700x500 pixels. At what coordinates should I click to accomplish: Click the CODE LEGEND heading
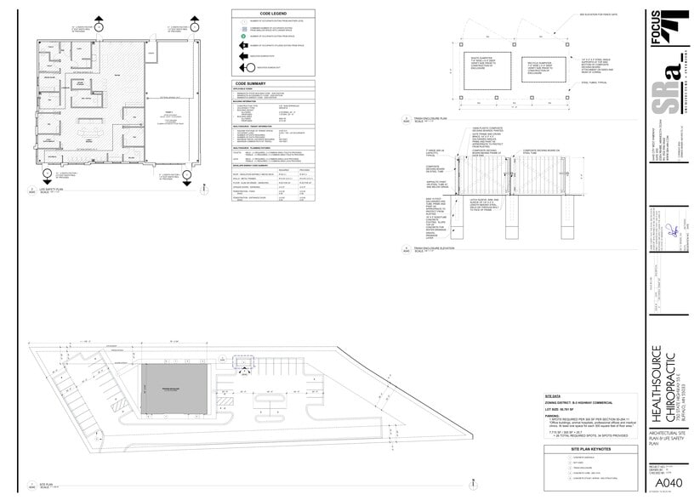274,13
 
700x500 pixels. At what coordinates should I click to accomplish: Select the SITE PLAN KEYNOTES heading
586,447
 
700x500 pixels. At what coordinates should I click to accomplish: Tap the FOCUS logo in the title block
677,25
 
